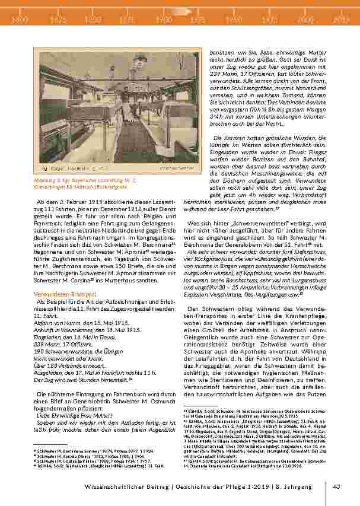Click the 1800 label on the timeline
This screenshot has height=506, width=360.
click(x=20, y=20)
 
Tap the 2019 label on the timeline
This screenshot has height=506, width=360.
click(x=341, y=20)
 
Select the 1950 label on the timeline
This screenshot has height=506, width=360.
click(x=234, y=20)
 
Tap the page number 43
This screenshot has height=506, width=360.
click(x=336, y=487)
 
